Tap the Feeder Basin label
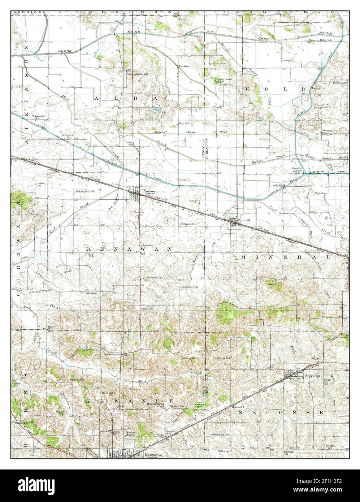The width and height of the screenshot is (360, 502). [297, 170]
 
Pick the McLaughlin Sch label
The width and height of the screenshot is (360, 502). [85, 191]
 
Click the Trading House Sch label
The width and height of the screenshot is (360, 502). [223, 80]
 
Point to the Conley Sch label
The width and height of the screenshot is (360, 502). [339, 83]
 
